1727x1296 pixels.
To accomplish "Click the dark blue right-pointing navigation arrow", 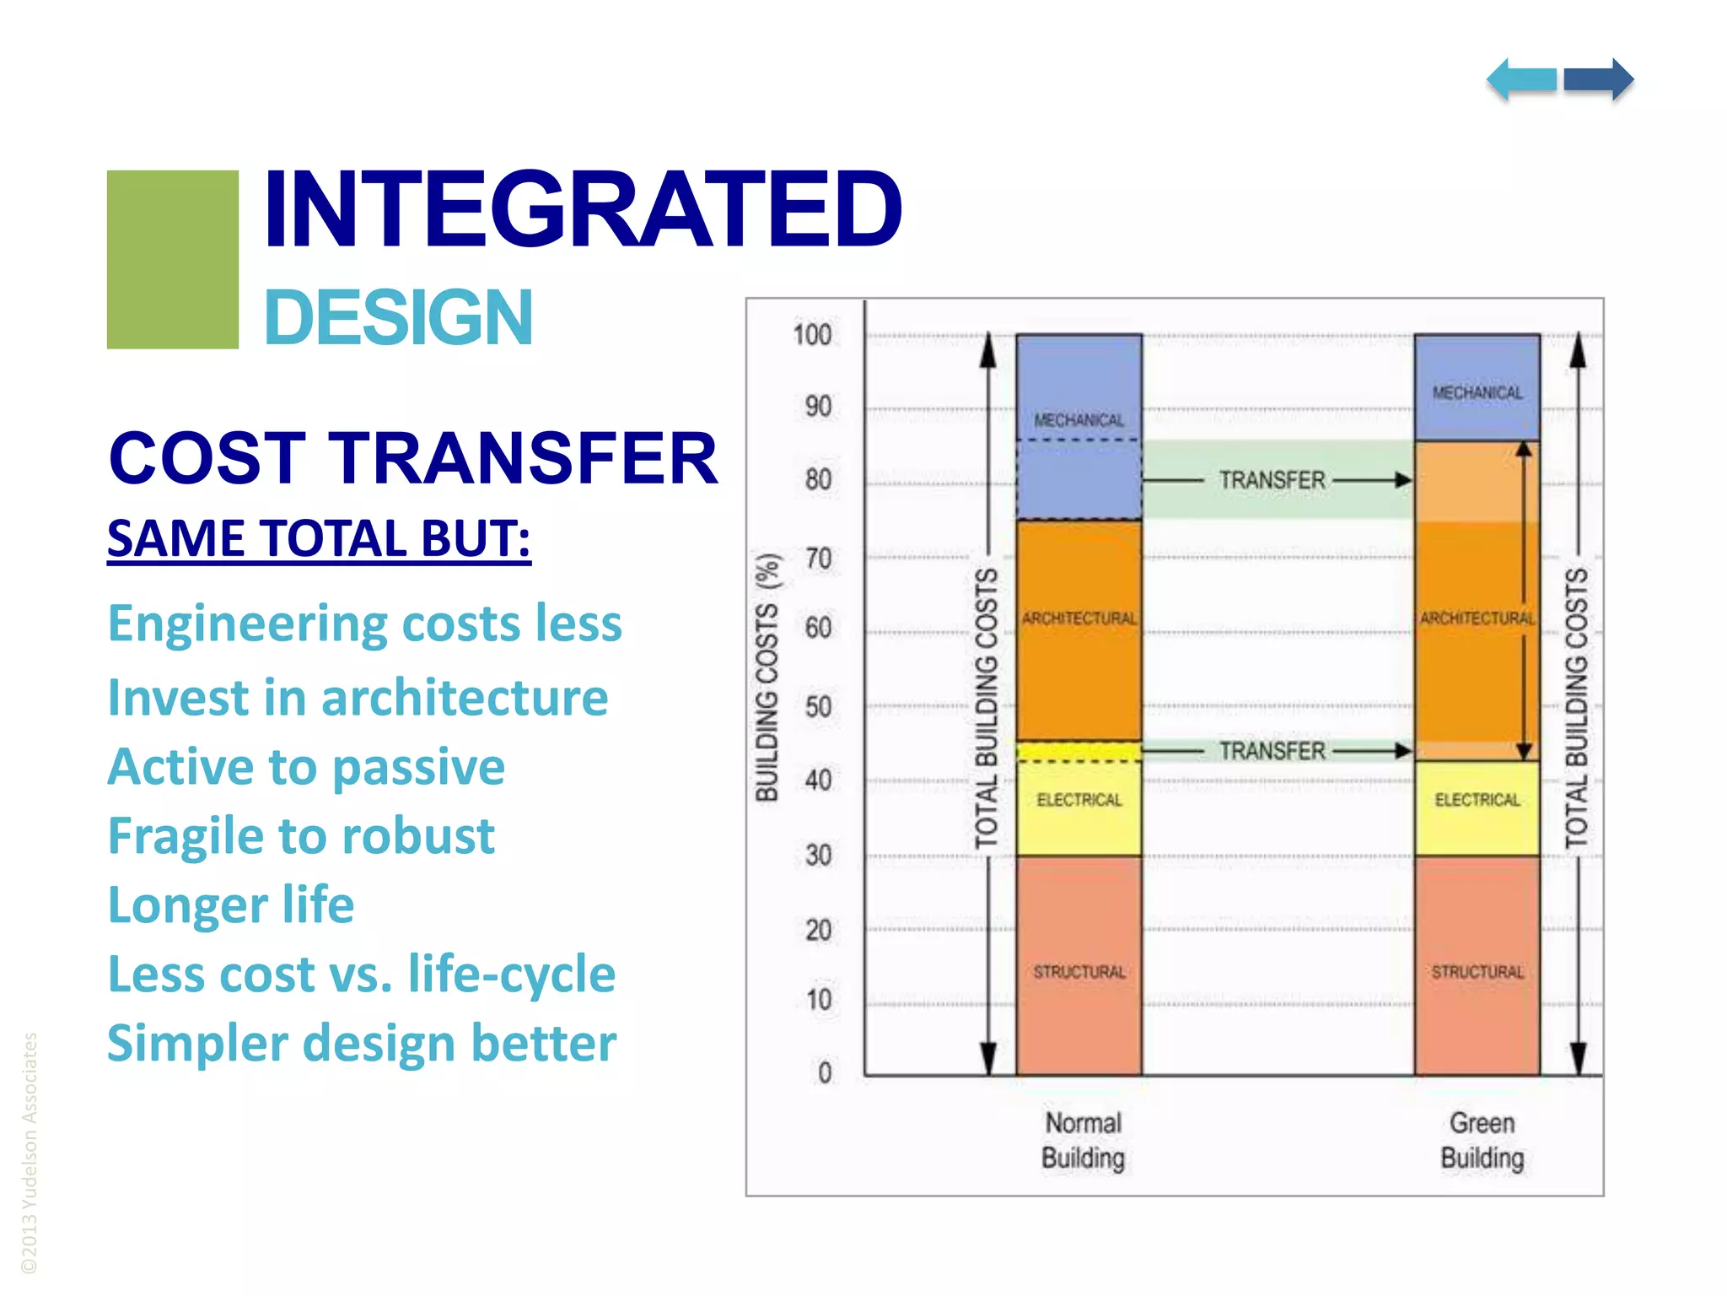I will click(1598, 80).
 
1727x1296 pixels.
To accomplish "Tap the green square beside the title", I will click(173, 259).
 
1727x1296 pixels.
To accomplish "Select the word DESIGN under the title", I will click(398, 318).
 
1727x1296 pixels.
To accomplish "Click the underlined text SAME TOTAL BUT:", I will click(319, 538).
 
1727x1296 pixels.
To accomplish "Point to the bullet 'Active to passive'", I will click(306, 767).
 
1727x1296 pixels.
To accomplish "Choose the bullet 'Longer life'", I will click(231, 905).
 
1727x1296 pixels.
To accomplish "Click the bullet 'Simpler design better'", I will click(362, 1044).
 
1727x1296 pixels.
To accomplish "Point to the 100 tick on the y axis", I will click(812, 335).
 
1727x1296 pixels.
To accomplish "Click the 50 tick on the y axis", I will click(817, 707).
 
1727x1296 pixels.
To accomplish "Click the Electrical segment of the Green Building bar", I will click(1477, 807).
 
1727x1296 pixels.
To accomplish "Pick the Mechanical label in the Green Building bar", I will click(1477, 393).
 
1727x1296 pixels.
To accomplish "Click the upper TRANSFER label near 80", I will click(1272, 480).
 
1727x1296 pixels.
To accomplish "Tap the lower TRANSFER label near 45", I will click(1272, 751).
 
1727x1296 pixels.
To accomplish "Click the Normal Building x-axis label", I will click(1083, 1141).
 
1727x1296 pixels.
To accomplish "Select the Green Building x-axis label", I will click(1482, 1141).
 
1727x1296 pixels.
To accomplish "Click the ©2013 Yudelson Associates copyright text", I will click(30, 1153).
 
